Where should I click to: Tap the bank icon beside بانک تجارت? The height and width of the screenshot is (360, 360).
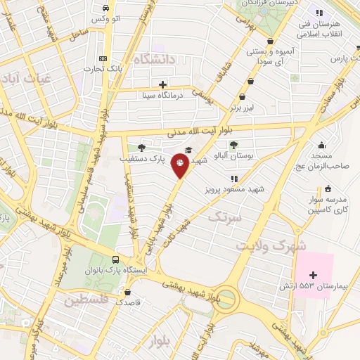pos(104,59)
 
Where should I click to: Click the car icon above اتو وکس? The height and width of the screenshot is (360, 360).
pos(105,8)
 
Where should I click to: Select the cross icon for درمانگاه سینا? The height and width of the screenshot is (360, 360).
pos(162,84)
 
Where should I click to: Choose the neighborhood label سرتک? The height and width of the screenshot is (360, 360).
pos(224,217)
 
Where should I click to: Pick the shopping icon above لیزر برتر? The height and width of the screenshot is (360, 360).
pos(243,97)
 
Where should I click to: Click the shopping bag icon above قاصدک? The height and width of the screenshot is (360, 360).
pos(127,291)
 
